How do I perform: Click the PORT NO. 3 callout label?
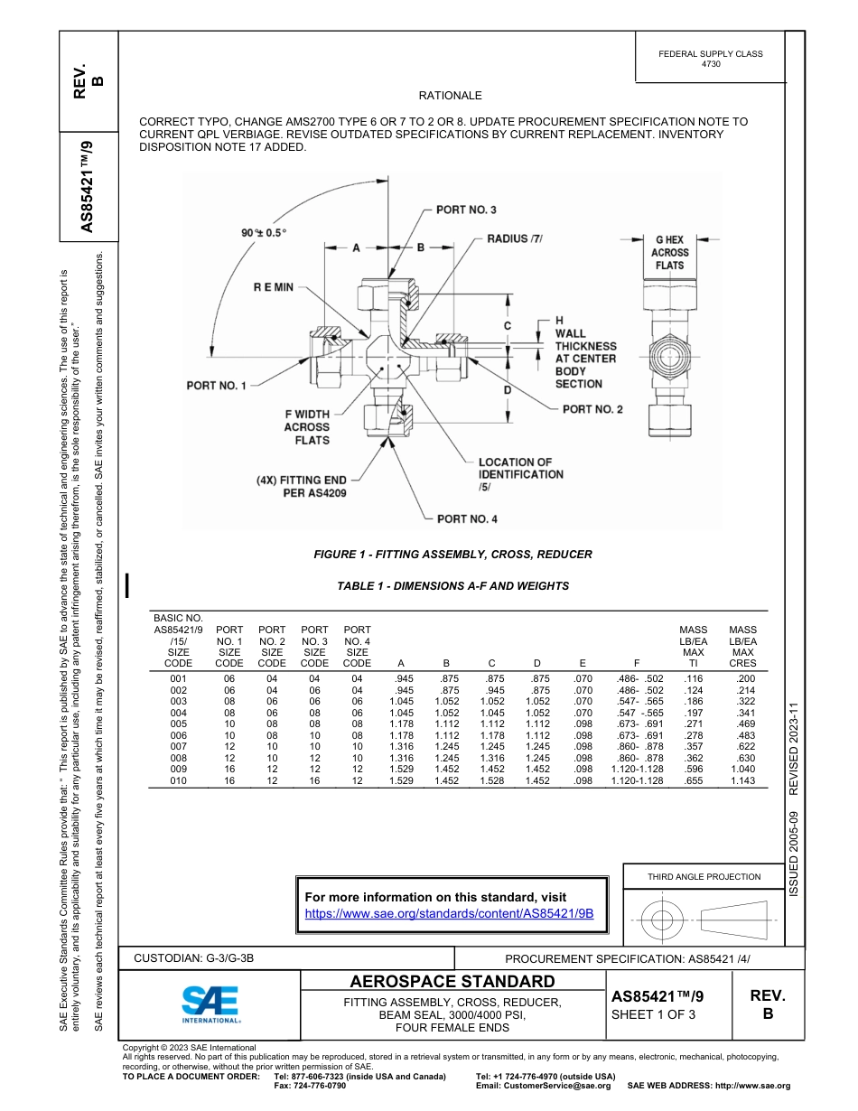click(466, 210)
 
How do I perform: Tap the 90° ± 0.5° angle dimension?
click(264, 232)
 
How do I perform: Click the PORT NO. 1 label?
click(216, 386)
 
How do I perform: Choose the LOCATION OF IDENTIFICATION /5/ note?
click(520, 474)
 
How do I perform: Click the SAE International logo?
click(210, 1004)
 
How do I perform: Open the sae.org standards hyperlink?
click(449, 913)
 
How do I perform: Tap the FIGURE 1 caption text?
click(452, 554)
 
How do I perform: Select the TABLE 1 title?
click(452, 585)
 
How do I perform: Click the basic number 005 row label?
click(178, 724)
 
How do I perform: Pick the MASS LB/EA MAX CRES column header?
click(742, 646)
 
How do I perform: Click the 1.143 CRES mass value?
click(742, 781)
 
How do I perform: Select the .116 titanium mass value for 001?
click(693, 677)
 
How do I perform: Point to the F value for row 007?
click(639, 746)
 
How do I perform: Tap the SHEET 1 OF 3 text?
click(653, 1014)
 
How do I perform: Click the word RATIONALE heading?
click(450, 96)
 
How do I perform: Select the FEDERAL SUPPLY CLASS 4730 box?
click(710, 59)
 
